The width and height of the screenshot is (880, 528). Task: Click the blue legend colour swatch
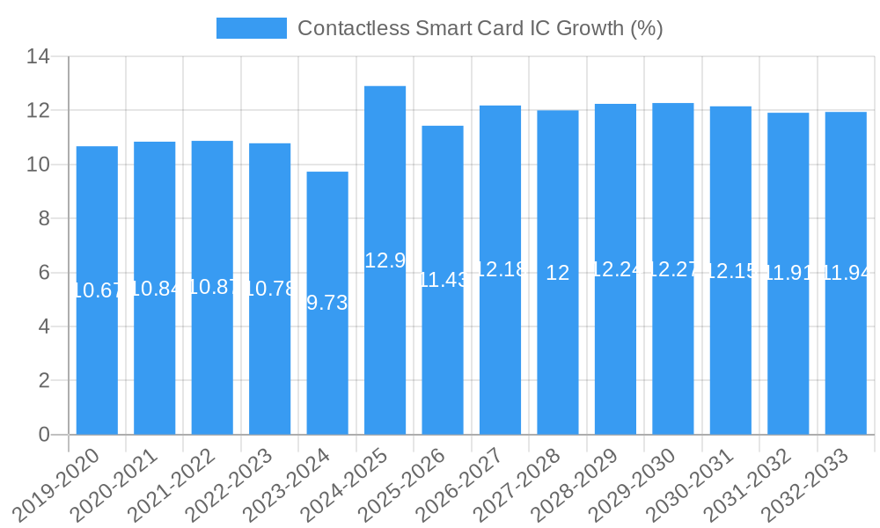pyautogui.click(x=252, y=28)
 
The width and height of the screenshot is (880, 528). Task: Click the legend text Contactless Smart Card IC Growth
pyautogui.click(x=480, y=28)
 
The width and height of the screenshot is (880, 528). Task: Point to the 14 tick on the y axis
pyautogui.click(x=38, y=57)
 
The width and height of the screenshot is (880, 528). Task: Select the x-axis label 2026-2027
pyautogui.click(x=466, y=483)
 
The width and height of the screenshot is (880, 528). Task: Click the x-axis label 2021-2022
pyautogui.click(x=178, y=483)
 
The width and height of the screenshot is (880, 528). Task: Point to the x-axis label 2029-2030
pyautogui.click(x=639, y=483)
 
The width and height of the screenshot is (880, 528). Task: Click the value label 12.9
pyautogui.click(x=385, y=260)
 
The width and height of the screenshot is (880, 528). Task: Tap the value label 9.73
pyautogui.click(x=327, y=303)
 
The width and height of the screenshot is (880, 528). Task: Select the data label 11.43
pyautogui.click(x=443, y=280)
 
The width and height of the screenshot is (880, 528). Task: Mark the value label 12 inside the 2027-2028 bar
pyautogui.click(x=558, y=273)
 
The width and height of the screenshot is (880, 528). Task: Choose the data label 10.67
pyautogui.click(x=97, y=290)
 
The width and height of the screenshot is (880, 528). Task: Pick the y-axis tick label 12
pyautogui.click(x=38, y=111)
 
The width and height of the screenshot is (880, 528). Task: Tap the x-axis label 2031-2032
pyautogui.click(x=754, y=483)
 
